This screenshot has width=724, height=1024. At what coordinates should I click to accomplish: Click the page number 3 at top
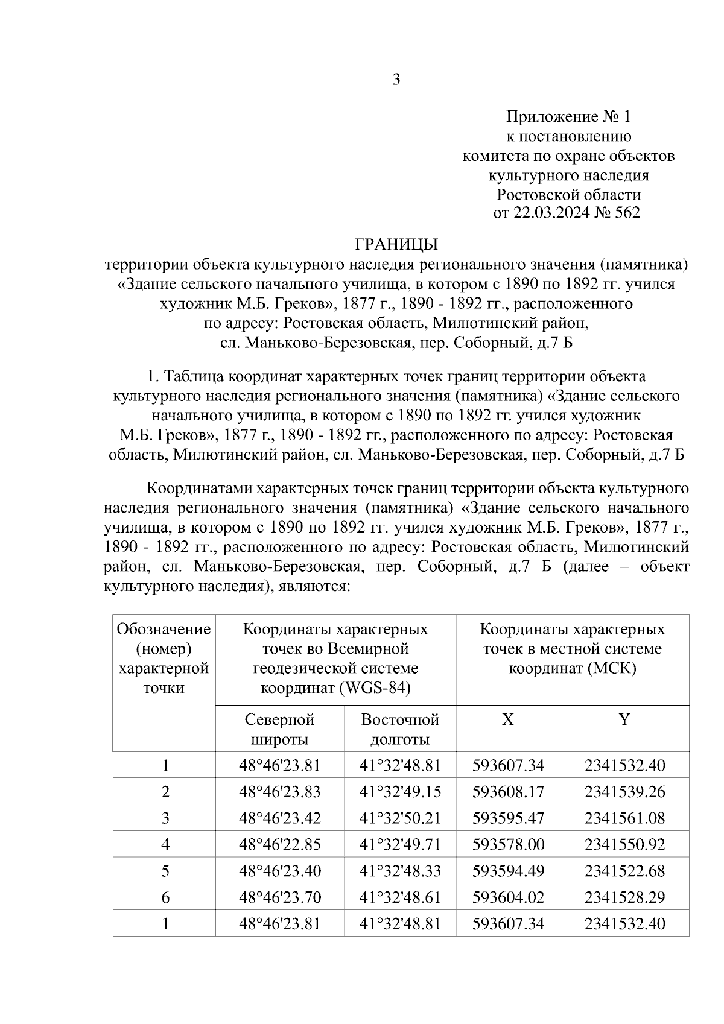[396, 80]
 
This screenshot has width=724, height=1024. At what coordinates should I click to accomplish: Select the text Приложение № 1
[568, 116]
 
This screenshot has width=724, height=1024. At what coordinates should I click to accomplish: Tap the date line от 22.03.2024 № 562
[567, 213]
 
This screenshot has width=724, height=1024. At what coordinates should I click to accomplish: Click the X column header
[508, 719]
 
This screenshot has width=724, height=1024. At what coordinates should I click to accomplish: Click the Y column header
[624, 719]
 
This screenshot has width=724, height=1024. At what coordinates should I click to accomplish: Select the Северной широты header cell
[279, 729]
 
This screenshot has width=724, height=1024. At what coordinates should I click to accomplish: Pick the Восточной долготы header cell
[400, 729]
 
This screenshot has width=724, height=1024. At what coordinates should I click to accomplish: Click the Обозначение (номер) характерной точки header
[164, 659]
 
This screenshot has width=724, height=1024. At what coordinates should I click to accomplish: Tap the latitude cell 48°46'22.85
[279, 844]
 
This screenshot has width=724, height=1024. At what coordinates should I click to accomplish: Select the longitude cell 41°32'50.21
[400, 818]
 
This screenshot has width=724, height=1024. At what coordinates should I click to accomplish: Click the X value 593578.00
[508, 844]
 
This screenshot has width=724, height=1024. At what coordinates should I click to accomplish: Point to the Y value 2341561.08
[624, 818]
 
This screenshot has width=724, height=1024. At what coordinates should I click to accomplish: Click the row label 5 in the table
[165, 871]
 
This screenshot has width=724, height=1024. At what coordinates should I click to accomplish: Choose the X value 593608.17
[508, 792]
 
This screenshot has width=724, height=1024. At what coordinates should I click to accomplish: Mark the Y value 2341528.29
[624, 897]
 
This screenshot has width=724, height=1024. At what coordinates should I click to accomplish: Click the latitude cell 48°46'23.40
[279, 871]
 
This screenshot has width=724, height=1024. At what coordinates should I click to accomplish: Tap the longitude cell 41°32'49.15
[400, 792]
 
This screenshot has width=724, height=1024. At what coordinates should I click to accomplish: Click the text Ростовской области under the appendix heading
[568, 195]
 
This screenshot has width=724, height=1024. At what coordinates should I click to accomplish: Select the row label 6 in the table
[165, 897]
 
